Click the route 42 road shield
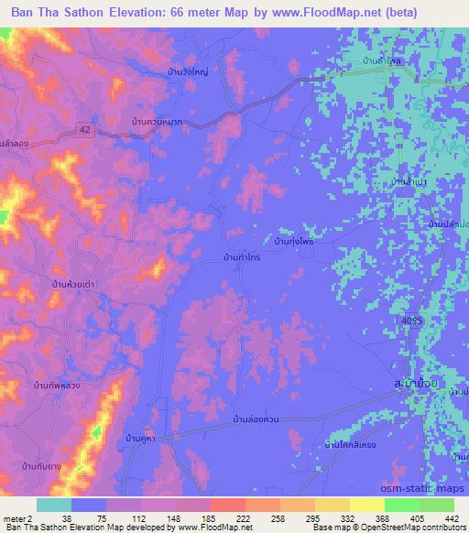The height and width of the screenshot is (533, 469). coord(83,130)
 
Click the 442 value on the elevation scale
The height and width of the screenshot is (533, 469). coord(452,517)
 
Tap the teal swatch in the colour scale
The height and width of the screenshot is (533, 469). coord(54,505)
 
